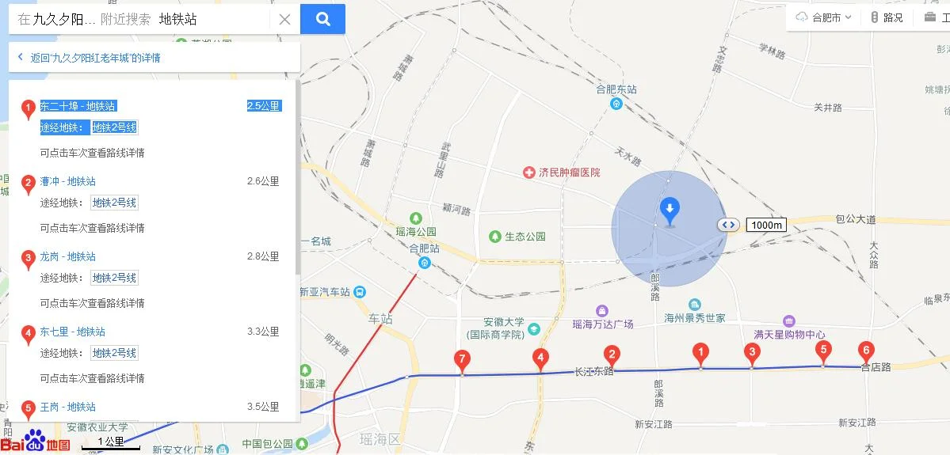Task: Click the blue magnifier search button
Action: click(322, 19)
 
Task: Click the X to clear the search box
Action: click(284, 20)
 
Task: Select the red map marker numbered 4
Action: click(540, 358)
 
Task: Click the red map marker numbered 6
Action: click(866, 351)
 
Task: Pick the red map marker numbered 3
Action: click(752, 353)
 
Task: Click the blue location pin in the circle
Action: click(670, 210)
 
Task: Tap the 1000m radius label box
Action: click(766, 225)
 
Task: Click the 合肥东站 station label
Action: click(616, 89)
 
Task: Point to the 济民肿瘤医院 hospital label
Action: click(569, 173)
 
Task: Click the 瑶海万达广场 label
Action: click(603, 324)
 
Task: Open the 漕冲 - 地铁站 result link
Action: click(68, 181)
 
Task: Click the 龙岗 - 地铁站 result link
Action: click(68, 256)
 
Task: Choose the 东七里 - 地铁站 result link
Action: click(73, 332)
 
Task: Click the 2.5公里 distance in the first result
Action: click(263, 106)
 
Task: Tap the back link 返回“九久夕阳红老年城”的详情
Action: click(95, 58)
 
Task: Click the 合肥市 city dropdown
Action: click(826, 17)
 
